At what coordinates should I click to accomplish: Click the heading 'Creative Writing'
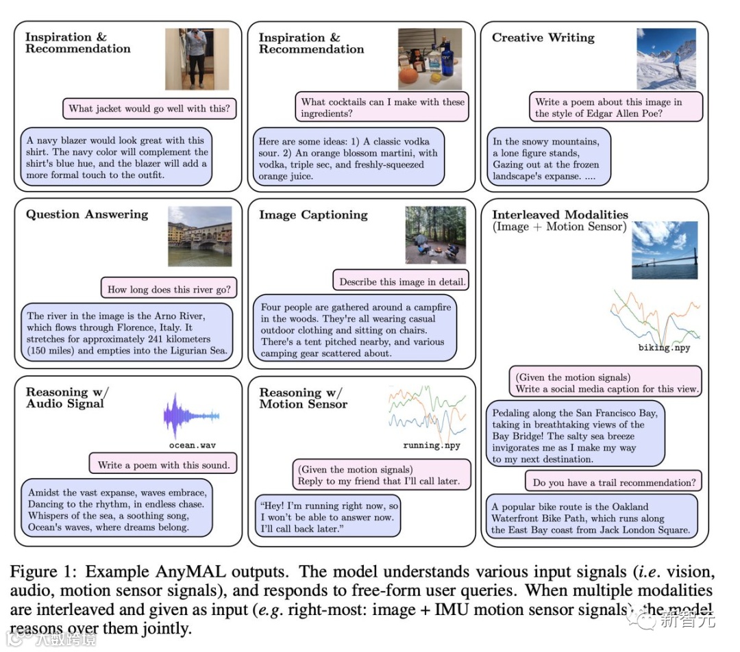pyautogui.click(x=543, y=38)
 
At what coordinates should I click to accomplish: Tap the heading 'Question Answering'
pyautogui.click(x=87, y=214)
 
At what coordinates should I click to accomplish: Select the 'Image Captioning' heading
pyautogui.click(x=313, y=215)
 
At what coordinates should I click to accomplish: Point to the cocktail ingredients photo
pyautogui.click(x=430, y=59)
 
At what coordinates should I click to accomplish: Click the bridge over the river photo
pyautogui.click(x=199, y=236)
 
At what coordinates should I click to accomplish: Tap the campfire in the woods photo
pyautogui.click(x=435, y=235)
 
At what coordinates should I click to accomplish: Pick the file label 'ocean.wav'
pyautogui.click(x=193, y=445)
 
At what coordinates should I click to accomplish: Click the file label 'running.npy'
pyautogui.click(x=431, y=445)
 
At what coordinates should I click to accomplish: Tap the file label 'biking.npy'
pyautogui.click(x=664, y=348)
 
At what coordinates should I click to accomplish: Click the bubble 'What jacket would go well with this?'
pyautogui.click(x=149, y=108)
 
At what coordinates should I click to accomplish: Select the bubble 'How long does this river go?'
pyautogui.click(x=169, y=288)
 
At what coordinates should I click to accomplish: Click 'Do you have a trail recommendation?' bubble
pyautogui.click(x=614, y=482)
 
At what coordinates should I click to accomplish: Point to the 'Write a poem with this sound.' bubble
pyautogui.click(x=163, y=464)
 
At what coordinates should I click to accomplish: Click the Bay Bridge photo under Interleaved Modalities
pyautogui.click(x=664, y=250)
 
